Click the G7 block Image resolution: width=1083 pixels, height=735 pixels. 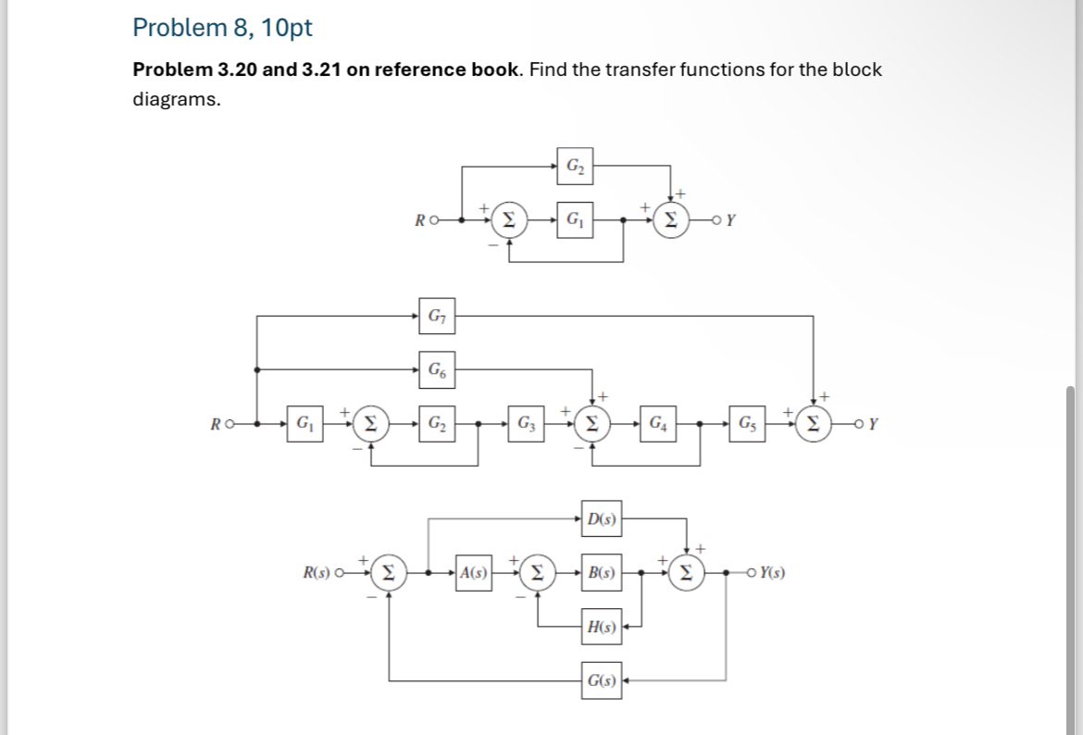pos(434,316)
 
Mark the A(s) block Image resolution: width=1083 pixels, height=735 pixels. pos(474,573)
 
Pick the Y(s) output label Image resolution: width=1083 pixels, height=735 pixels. pos(773,574)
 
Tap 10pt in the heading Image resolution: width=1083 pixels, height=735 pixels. pos(287,28)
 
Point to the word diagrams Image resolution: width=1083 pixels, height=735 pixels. pos(176,99)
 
